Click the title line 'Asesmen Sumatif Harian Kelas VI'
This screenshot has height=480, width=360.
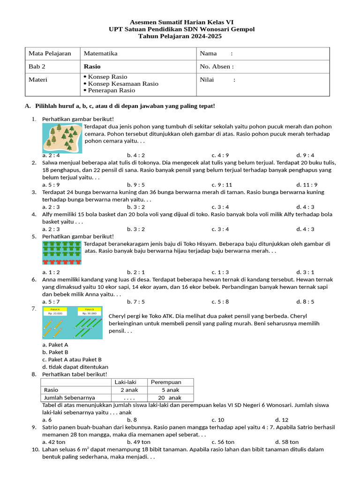pyautogui.click(x=181, y=22)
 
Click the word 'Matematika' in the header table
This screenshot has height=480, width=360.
pyautogui.click(x=100, y=53)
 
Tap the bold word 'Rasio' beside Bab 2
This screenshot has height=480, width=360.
pyautogui.click(x=92, y=67)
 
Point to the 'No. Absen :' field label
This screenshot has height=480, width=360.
pyautogui.click(x=217, y=67)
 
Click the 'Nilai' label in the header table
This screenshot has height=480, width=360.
pyautogui.click(x=207, y=80)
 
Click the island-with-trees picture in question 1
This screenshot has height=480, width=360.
pyautogui.click(x=62, y=138)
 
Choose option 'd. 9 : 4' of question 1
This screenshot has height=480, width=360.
pyautogui.click(x=305, y=155)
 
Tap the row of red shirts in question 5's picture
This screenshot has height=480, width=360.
pyautogui.click(x=62, y=262)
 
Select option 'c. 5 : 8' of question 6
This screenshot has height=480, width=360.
pyautogui.click(x=220, y=302)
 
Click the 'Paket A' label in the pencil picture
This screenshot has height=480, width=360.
pyautogui.click(x=56, y=310)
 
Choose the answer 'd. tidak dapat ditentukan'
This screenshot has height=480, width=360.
pyautogui.click(x=75, y=367)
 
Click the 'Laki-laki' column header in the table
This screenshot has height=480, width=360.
pyautogui.click(x=129, y=382)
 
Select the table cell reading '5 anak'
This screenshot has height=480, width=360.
pyautogui.click(x=170, y=390)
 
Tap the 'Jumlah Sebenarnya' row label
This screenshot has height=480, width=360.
pyautogui.click(x=69, y=397)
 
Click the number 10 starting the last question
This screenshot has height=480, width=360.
pyautogui.click(x=35, y=449)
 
